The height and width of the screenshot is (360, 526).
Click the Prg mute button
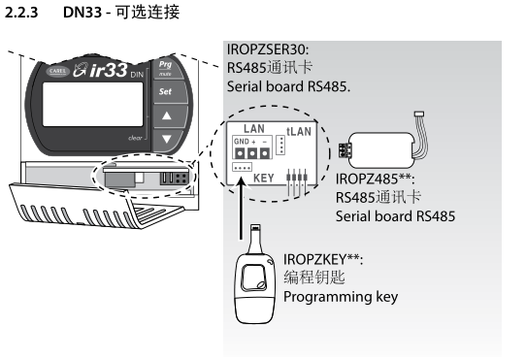pyautogui.click(x=167, y=68)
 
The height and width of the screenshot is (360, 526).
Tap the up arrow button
pyautogui.click(x=167, y=116)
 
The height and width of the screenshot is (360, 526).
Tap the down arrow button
pyautogui.click(x=167, y=139)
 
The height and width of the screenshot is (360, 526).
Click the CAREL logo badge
pyautogui.click(x=57, y=71)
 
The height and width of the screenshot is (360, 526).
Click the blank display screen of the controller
pyautogui.click(x=93, y=104)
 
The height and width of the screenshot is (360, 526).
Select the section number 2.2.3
pyautogui.click(x=21, y=13)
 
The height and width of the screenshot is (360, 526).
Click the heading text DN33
pyautogui.click(x=82, y=13)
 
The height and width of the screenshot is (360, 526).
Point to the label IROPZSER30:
pyautogui.click(x=268, y=49)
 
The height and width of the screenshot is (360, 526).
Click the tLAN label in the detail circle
pyautogui.click(x=299, y=131)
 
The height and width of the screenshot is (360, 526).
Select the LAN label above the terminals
pyautogui.click(x=254, y=128)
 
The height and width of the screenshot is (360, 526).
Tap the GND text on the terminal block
pyautogui.click(x=242, y=142)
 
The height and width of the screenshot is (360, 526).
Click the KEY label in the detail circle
pyautogui.click(x=264, y=178)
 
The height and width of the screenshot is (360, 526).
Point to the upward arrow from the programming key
pyautogui.click(x=241, y=209)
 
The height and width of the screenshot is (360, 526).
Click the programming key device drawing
pyautogui.click(x=254, y=275)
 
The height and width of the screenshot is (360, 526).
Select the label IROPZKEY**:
pyautogui.click(x=323, y=259)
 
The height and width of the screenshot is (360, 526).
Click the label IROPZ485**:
pyautogui.click(x=375, y=179)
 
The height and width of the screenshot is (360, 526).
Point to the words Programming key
pyautogui.click(x=341, y=297)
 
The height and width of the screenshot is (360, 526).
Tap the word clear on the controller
pyautogui.click(x=135, y=138)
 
